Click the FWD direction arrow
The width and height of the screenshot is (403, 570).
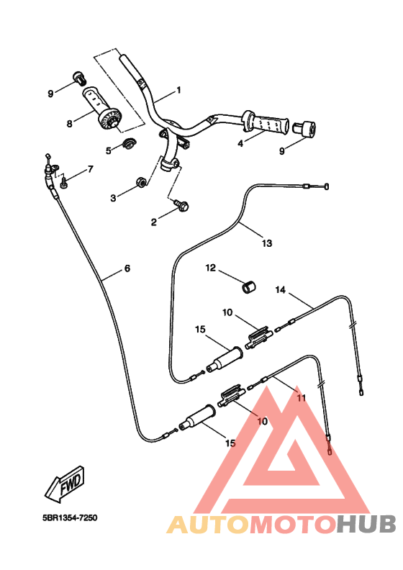[x=65, y=484]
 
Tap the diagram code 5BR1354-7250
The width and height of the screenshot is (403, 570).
[x=70, y=517]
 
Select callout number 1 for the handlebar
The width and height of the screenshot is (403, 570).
[x=178, y=90]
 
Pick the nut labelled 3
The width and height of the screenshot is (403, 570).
[x=140, y=181]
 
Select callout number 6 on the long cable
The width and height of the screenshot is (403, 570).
[x=127, y=268]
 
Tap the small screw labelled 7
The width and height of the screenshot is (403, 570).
[x=64, y=182]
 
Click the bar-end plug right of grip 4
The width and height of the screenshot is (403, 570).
[x=304, y=129]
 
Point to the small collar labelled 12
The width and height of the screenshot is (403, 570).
[x=248, y=286]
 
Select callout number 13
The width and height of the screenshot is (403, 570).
[x=267, y=243]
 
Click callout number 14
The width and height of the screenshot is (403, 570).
[x=280, y=290]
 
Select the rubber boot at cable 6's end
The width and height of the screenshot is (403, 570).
[x=197, y=417]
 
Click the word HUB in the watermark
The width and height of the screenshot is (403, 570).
[x=366, y=525]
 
